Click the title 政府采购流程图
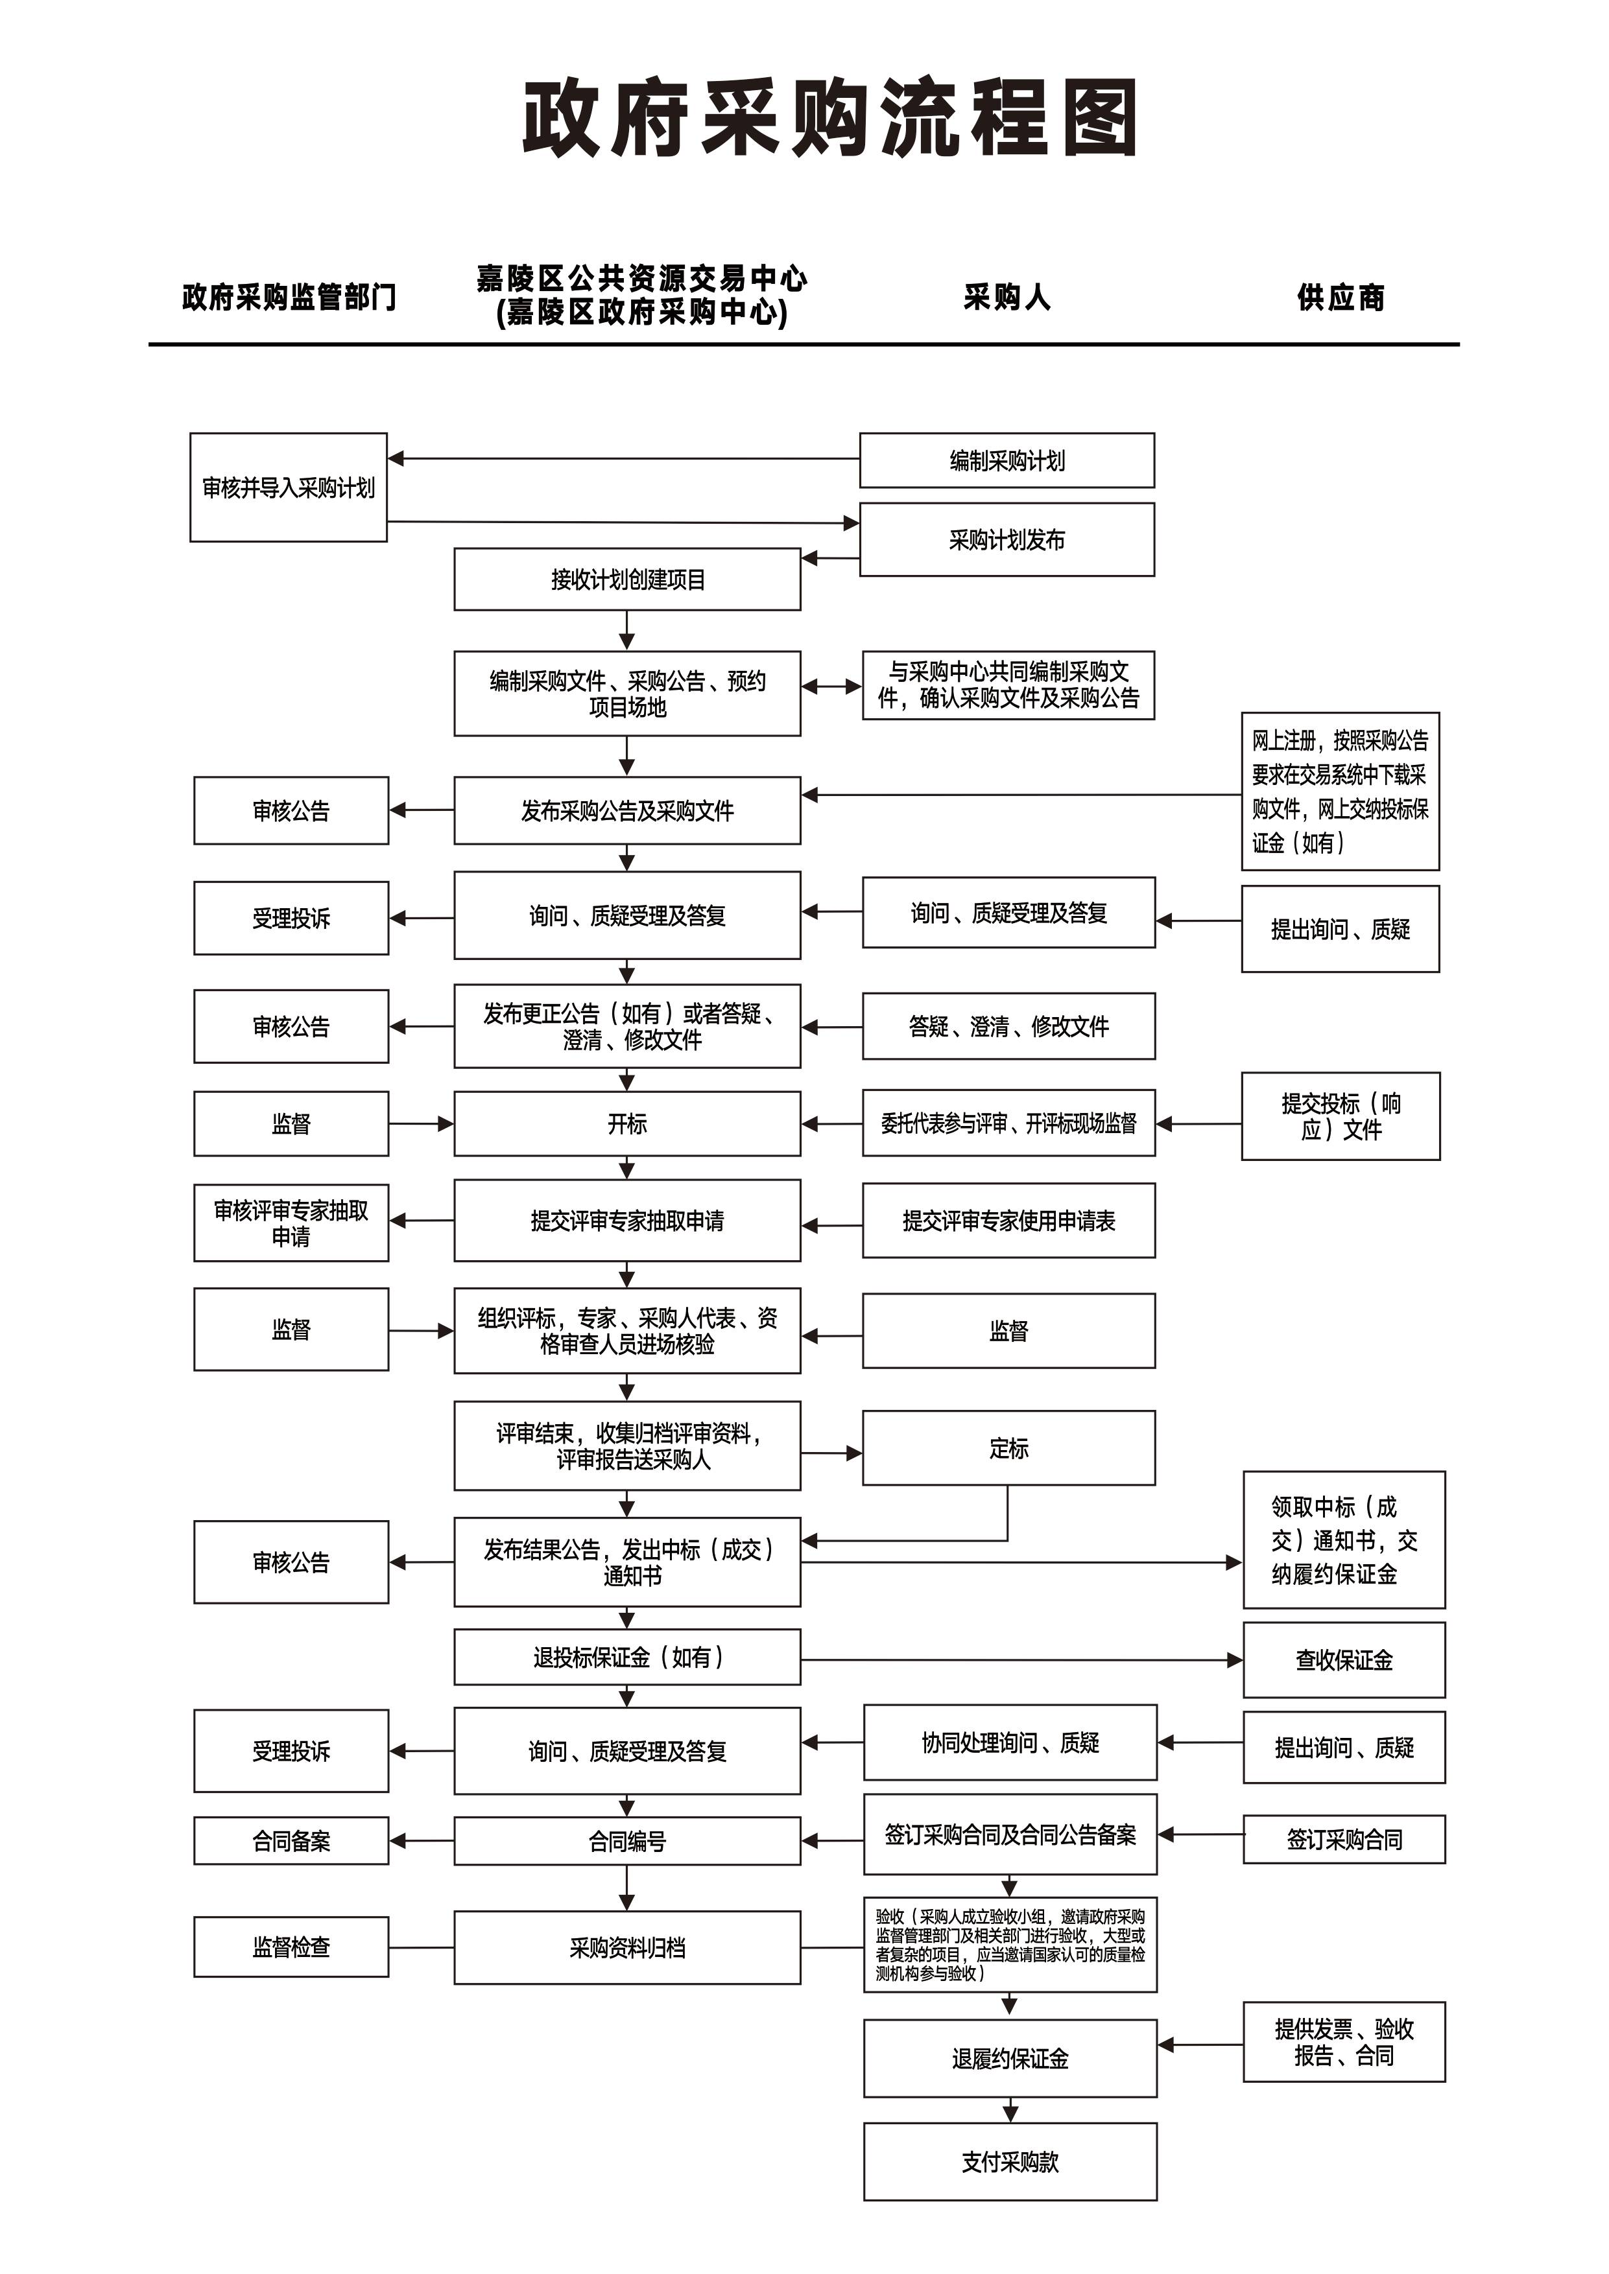(x=830, y=119)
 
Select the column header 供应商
(x=1341, y=297)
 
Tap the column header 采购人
(x=1007, y=297)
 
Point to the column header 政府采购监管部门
(x=289, y=297)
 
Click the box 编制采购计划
(x=1007, y=460)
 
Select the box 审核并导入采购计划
(x=289, y=487)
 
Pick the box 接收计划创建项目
(x=627, y=580)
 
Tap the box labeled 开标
(x=627, y=1124)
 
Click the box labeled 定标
(x=1008, y=1448)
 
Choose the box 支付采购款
(x=1010, y=2162)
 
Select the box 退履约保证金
(x=1010, y=2059)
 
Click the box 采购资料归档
(x=627, y=1948)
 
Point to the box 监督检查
(x=291, y=1947)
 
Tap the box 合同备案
(x=291, y=1841)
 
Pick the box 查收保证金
(x=1344, y=1660)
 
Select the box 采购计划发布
(x=1007, y=540)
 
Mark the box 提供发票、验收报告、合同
(x=1344, y=2042)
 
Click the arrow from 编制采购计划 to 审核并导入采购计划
(x=624, y=458)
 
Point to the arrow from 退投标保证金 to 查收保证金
(x=1021, y=1660)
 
